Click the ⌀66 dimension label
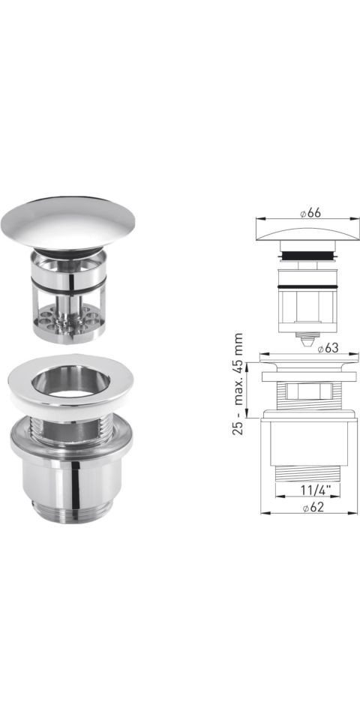click(x=310, y=213)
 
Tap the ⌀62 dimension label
click(x=313, y=507)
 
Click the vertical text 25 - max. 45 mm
click(x=238, y=384)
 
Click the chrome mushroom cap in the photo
click(x=68, y=223)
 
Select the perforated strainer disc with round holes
click(x=69, y=320)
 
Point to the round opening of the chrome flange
click(x=70, y=381)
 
